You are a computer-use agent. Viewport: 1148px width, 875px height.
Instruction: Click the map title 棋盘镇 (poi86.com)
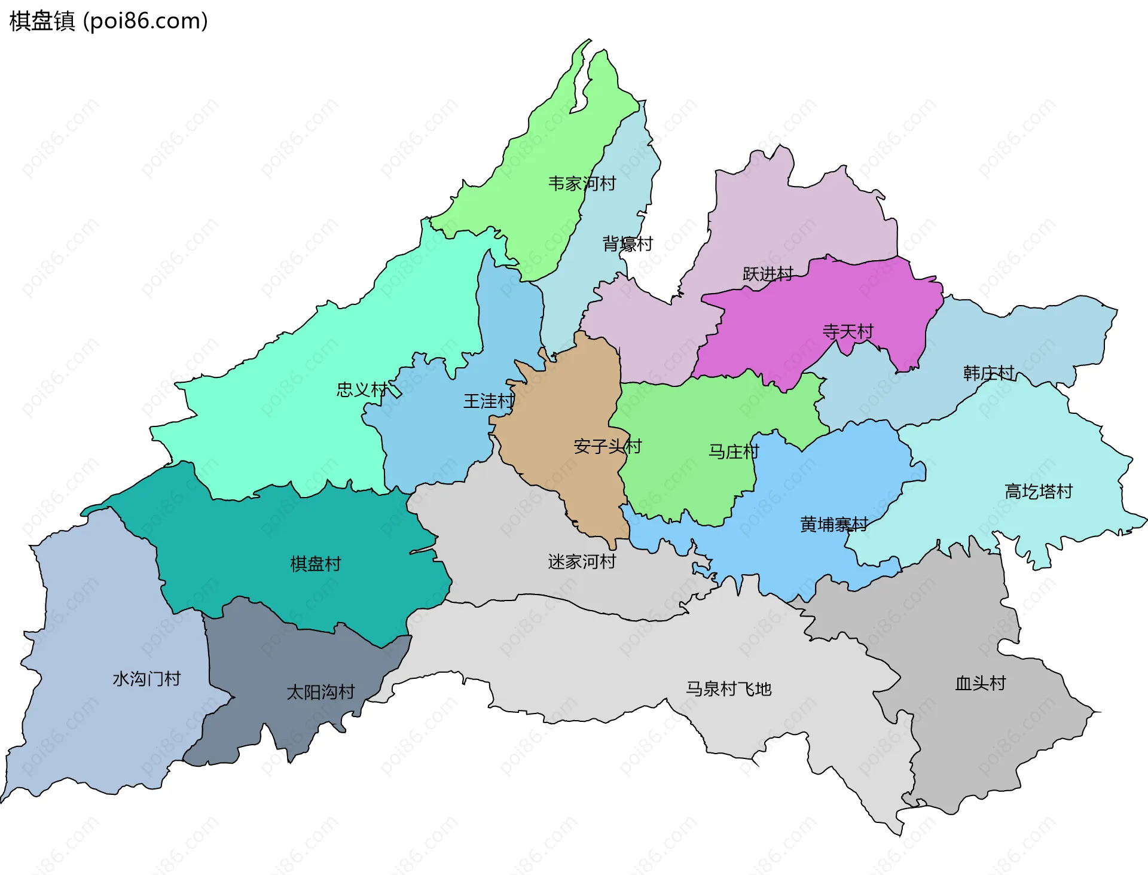tap(109, 21)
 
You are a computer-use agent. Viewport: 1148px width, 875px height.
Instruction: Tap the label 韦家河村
tap(582, 184)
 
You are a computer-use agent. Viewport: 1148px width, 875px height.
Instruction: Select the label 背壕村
tap(627, 244)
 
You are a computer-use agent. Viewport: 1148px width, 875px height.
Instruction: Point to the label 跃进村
tap(768, 274)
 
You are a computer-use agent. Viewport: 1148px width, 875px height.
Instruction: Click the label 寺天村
tap(848, 331)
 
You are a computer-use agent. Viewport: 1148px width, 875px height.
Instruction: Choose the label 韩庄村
tap(988, 373)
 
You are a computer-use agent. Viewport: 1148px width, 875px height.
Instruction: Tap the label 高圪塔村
tap(1039, 492)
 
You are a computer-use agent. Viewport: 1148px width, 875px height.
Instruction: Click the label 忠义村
tap(362, 390)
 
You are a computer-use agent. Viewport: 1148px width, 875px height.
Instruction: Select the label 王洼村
tap(488, 401)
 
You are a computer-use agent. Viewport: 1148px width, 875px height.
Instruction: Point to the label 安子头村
tap(607, 446)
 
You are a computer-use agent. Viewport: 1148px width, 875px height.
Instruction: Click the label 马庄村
tap(734, 452)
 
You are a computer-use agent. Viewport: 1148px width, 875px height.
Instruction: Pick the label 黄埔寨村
tap(833, 525)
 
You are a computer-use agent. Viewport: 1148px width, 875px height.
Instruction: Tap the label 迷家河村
tap(582, 562)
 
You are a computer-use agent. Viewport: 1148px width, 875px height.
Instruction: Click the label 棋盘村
tap(315, 563)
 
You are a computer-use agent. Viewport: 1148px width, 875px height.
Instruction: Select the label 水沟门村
tap(146, 679)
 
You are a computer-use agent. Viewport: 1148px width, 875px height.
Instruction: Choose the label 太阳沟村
tap(320, 692)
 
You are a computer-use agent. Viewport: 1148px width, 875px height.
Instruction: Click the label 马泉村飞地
tap(728, 689)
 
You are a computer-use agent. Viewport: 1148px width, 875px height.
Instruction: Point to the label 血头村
tap(981, 683)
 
